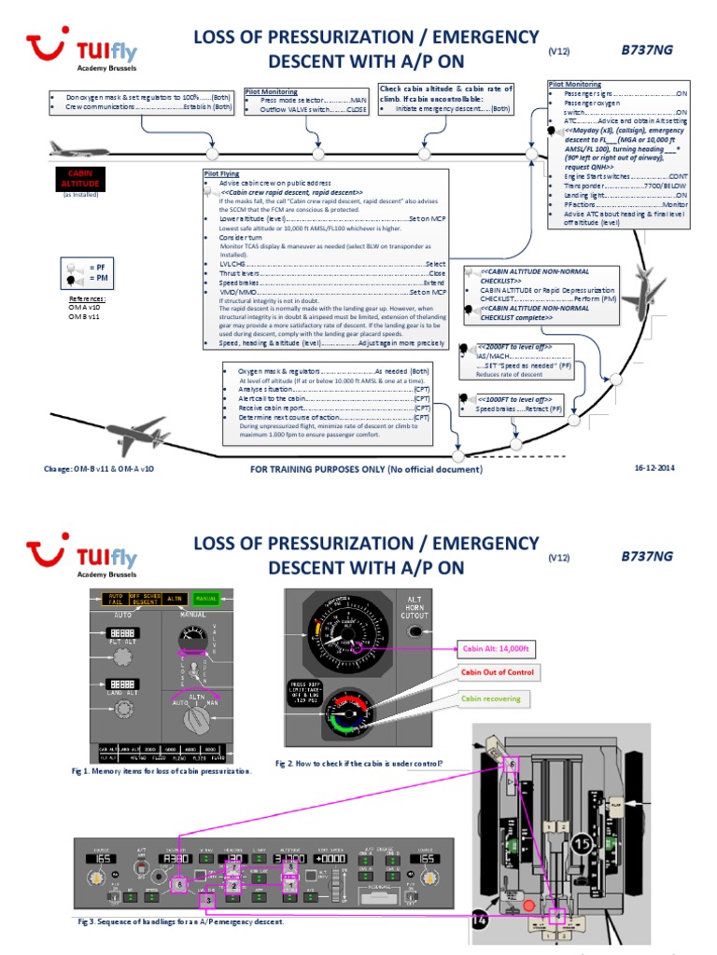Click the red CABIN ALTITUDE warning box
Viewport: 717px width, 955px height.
77,177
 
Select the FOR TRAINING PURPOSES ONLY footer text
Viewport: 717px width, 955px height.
366,469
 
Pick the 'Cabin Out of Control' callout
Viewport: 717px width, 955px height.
498,672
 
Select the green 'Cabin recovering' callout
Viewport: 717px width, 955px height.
490,698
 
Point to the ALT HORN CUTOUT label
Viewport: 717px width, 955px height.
415,607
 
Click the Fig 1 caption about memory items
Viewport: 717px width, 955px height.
162,771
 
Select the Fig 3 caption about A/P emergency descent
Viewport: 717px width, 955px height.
180,921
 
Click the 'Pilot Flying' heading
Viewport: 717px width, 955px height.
220,173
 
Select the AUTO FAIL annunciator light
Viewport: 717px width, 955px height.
116,600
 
